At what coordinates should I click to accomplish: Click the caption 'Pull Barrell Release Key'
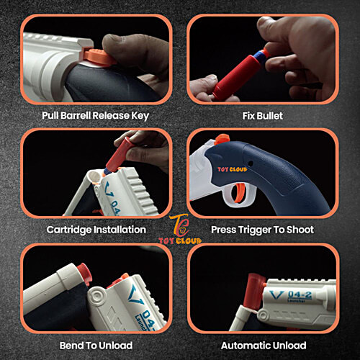point(96,116)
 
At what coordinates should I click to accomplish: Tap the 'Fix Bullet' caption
point(263,116)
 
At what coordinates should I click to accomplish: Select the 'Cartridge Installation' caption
point(96,230)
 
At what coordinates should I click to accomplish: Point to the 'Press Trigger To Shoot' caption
point(262,230)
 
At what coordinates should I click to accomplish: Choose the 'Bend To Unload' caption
point(96,346)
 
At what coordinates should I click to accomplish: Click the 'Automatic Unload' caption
point(264,346)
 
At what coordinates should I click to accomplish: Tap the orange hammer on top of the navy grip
point(222,140)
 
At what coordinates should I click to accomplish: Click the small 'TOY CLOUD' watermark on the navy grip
point(233,169)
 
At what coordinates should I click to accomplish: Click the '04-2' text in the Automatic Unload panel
point(300,294)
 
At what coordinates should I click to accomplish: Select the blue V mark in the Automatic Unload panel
point(276,295)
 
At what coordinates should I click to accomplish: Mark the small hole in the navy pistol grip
point(251,163)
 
